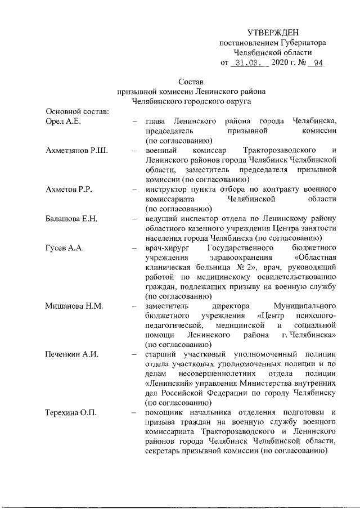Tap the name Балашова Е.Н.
point(72,218)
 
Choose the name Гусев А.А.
point(64,248)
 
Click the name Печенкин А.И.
point(71,355)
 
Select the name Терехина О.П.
point(71,413)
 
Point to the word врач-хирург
point(167,248)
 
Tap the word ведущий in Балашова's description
point(161,218)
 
